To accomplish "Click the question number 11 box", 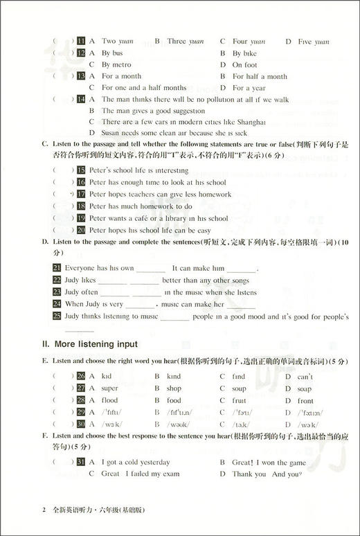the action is [x=81, y=41].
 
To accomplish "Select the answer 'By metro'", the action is [x=122, y=64].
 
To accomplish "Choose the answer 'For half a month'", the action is [x=260, y=76].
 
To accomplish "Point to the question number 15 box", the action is [x=81, y=170].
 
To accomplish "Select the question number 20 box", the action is [x=81, y=230].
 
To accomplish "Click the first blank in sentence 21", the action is [x=151, y=269].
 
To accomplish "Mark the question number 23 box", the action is [x=57, y=292].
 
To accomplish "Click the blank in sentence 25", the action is [x=174, y=316].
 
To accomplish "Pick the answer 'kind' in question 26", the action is [x=173, y=377].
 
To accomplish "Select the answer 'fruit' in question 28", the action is [x=240, y=400].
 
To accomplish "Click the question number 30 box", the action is [x=81, y=424].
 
